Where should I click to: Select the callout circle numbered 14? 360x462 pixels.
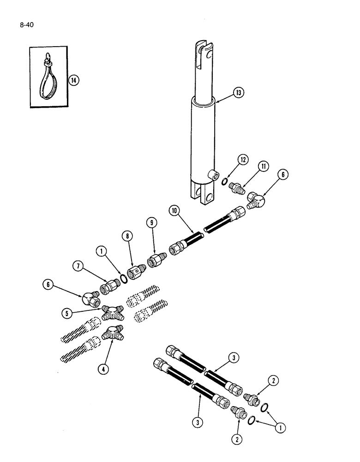(74, 80)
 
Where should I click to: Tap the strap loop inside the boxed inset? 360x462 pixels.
(48, 74)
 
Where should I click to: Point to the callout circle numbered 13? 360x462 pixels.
(239, 93)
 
